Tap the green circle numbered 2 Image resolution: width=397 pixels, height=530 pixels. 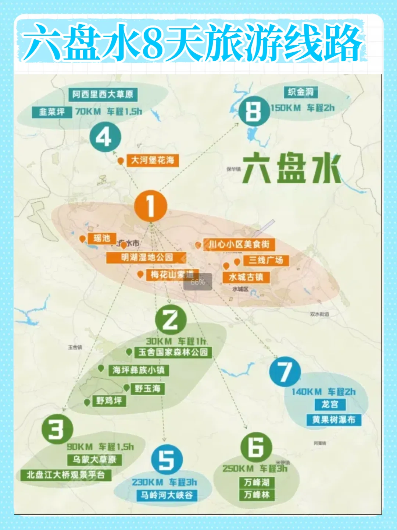coord(171,319)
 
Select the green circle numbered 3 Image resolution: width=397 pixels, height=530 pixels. coord(57,429)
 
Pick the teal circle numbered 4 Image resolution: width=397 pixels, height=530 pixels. coord(105,137)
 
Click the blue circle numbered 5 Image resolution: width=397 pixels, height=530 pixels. coord(167,460)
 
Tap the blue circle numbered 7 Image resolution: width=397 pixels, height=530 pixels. coord(285,372)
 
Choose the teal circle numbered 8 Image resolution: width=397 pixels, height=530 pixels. coord(254,111)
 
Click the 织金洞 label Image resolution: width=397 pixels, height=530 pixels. coord(301,92)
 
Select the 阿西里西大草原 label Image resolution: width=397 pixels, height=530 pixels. coord(103,95)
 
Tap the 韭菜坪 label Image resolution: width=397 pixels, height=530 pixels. coord(52,112)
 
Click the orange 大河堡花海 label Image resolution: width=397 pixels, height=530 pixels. coord(153,160)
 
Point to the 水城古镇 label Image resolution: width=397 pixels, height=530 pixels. coord(246,277)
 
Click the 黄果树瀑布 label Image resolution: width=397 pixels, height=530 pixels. coord(334,420)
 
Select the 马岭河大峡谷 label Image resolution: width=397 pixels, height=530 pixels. coord(167,495)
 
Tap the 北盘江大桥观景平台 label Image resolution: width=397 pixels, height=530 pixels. coord(66,475)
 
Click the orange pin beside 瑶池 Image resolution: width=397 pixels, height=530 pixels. coord(82,239)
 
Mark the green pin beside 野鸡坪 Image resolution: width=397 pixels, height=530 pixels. coord(87,402)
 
